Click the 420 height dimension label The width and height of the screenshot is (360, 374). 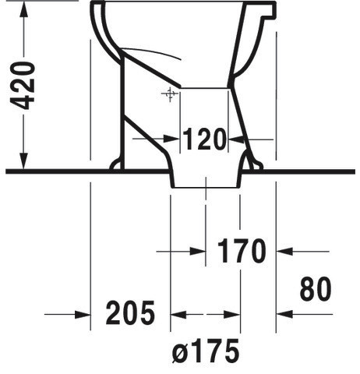click(x=23, y=86)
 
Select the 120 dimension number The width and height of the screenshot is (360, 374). click(x=204, y=139)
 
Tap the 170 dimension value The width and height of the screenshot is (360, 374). click(x=242, y=251)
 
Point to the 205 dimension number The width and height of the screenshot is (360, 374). click(x=130, y=312)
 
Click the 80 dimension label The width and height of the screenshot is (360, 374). click(x=316, y=288)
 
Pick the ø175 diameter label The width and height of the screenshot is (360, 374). click(x=206, y=351)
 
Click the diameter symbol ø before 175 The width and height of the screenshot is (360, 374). click(x=179, y=354)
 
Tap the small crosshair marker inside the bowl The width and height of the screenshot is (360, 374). click(x=170, y=94)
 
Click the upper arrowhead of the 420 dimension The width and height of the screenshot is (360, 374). click(x=24, y=10)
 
